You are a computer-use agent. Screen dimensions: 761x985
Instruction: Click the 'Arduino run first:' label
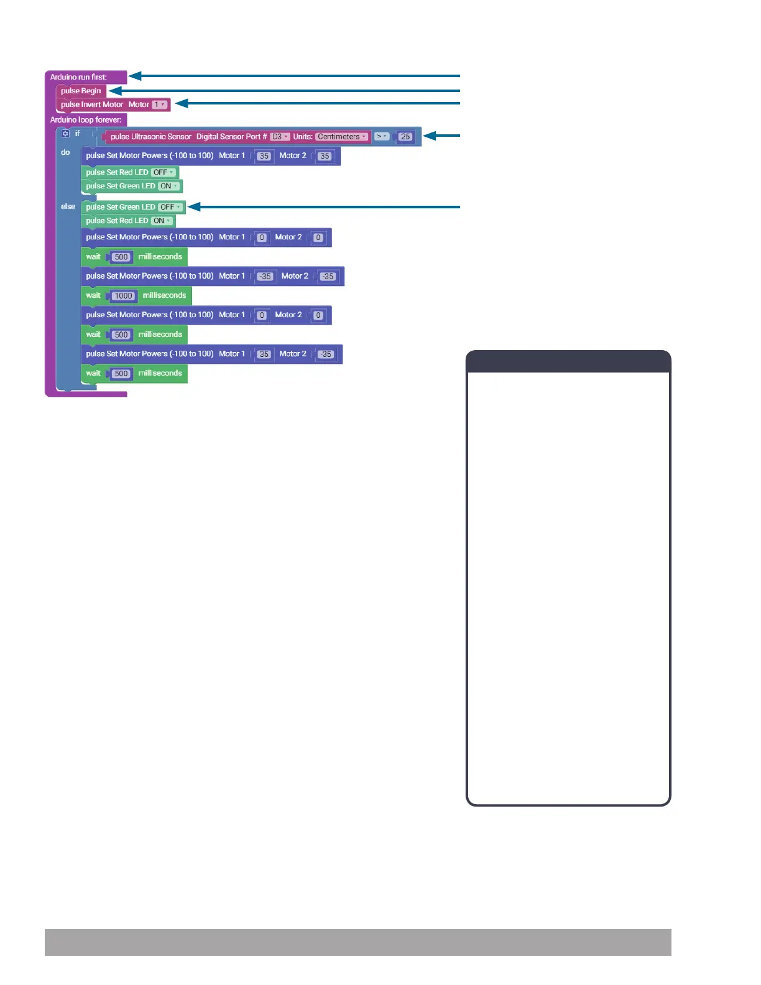(x=78, y=77)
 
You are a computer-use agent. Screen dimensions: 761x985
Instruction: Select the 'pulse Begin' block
(x=81, y=91)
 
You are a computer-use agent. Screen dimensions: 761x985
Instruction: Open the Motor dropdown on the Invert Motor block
(x=160, y=104)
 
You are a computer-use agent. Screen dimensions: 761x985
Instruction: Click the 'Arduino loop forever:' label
(x=86, y=120)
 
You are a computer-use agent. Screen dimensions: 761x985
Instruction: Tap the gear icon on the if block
(x=65, y=134)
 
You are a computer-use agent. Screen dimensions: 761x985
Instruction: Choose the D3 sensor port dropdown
(x=279, y=137)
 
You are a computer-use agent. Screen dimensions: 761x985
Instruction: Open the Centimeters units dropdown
(x=341, y=137)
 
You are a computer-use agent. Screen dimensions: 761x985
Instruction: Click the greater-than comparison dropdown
(x=381, y=136)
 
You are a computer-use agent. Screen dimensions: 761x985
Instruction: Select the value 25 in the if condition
(x=405, y=137)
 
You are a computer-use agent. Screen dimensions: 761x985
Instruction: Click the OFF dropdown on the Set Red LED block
(x=163, y=172)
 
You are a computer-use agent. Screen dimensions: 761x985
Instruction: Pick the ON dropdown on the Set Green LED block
(x=168, y=186)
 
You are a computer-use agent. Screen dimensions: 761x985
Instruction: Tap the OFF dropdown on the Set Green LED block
(x=170, y=207)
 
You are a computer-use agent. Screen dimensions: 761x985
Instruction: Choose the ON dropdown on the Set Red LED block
(x=162, y=221)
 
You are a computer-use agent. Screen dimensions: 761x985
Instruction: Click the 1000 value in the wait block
(x=123, y=296)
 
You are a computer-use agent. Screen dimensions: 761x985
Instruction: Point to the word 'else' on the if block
(x=68, y=206)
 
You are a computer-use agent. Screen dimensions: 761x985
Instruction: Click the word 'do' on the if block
(x=65, y=152)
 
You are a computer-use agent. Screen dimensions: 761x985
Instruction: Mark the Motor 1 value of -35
(x=265, y=277)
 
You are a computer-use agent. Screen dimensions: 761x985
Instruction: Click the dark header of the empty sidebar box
(x=568, y=361)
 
